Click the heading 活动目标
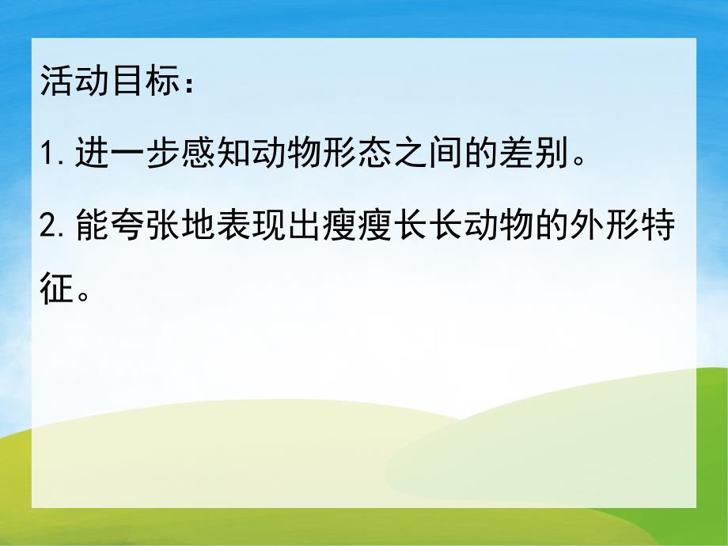click(107, 82)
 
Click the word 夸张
click(148, 228)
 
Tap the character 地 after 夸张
click(202, 228)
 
